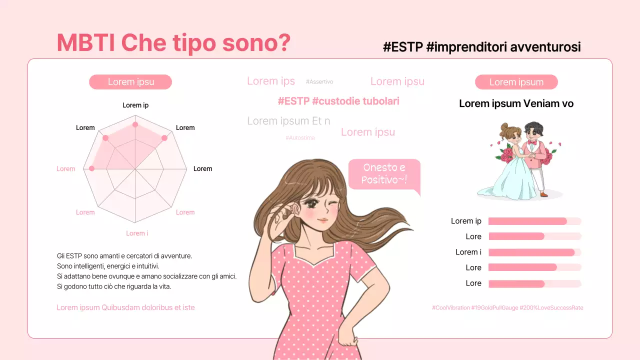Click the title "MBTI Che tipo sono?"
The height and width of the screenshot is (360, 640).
pyautogui.click(x=173, y=43)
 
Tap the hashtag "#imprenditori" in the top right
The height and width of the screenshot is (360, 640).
pyautogui.click(x=467, y=47)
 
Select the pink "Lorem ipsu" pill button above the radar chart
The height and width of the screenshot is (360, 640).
pyautogui.click(x=130, y=82)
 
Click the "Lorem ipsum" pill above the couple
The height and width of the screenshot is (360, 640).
pyautogui.click(x=516, y=82)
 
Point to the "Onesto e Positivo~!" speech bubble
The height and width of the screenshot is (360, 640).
pyautogui.click(x=384, y=174)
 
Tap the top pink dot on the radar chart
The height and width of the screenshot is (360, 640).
pyautogui.click(x=135, y=124)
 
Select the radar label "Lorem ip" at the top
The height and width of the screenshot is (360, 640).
pyautogui.click(x=135, y=105)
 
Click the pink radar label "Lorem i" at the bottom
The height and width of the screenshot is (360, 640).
pyautogui.click(x=136, y=233)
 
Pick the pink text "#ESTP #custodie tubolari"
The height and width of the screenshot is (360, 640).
pyautogui.click(x=338, y=101)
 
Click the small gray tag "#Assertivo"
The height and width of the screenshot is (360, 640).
pyautogui.click(x=319, y=82)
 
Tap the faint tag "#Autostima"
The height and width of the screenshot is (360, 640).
pyautogui.click(x=300, y=137)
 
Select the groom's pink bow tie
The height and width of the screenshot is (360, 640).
pyautogui.click(x=532, y=142)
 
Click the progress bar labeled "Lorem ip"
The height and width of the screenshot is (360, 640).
pyautogui.click(x=534, y=221)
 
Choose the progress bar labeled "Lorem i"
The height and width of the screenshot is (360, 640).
pyautogui.click(x=534, y=252)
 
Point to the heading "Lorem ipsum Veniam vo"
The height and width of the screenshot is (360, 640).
pyautogui.click(x=516, y=104)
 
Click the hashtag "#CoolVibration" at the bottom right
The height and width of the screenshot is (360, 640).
pyautogui.click(x=451, y=308)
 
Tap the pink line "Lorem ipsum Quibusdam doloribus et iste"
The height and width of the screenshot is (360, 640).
pyautogui.click(x=125, y=307)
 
